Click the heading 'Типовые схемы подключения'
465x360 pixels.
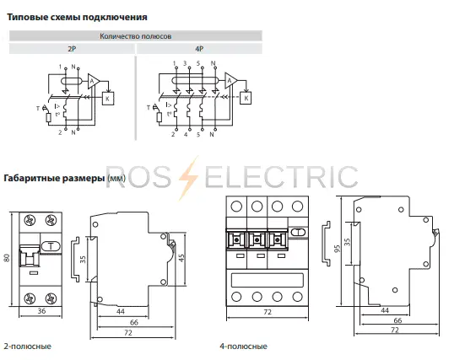[77, 17]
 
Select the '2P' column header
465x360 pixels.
[72, 49]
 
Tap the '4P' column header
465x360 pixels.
[199, 49]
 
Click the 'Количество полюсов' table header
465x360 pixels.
[136, 36]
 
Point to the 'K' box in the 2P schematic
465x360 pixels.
[108, 99]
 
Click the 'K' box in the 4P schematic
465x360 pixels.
[246, 98]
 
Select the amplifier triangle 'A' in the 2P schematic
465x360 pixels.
[93, 81]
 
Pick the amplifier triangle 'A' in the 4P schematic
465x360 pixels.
[230, 81]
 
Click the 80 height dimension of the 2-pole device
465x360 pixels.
[7, 258]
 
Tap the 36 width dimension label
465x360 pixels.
[41, 311]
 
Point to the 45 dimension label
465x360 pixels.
[181, 258]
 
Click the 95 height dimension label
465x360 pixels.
[338, 249]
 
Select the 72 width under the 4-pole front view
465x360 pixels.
[268, 312]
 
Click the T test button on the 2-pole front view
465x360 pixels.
[51, 246]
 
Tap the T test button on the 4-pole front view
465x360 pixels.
[299, 232]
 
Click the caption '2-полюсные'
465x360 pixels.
[27, 346]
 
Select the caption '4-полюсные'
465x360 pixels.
[244, 346]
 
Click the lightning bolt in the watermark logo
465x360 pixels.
[188, 178]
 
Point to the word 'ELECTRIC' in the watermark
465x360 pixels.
[281, 177]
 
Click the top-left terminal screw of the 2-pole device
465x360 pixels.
[30, 220]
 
